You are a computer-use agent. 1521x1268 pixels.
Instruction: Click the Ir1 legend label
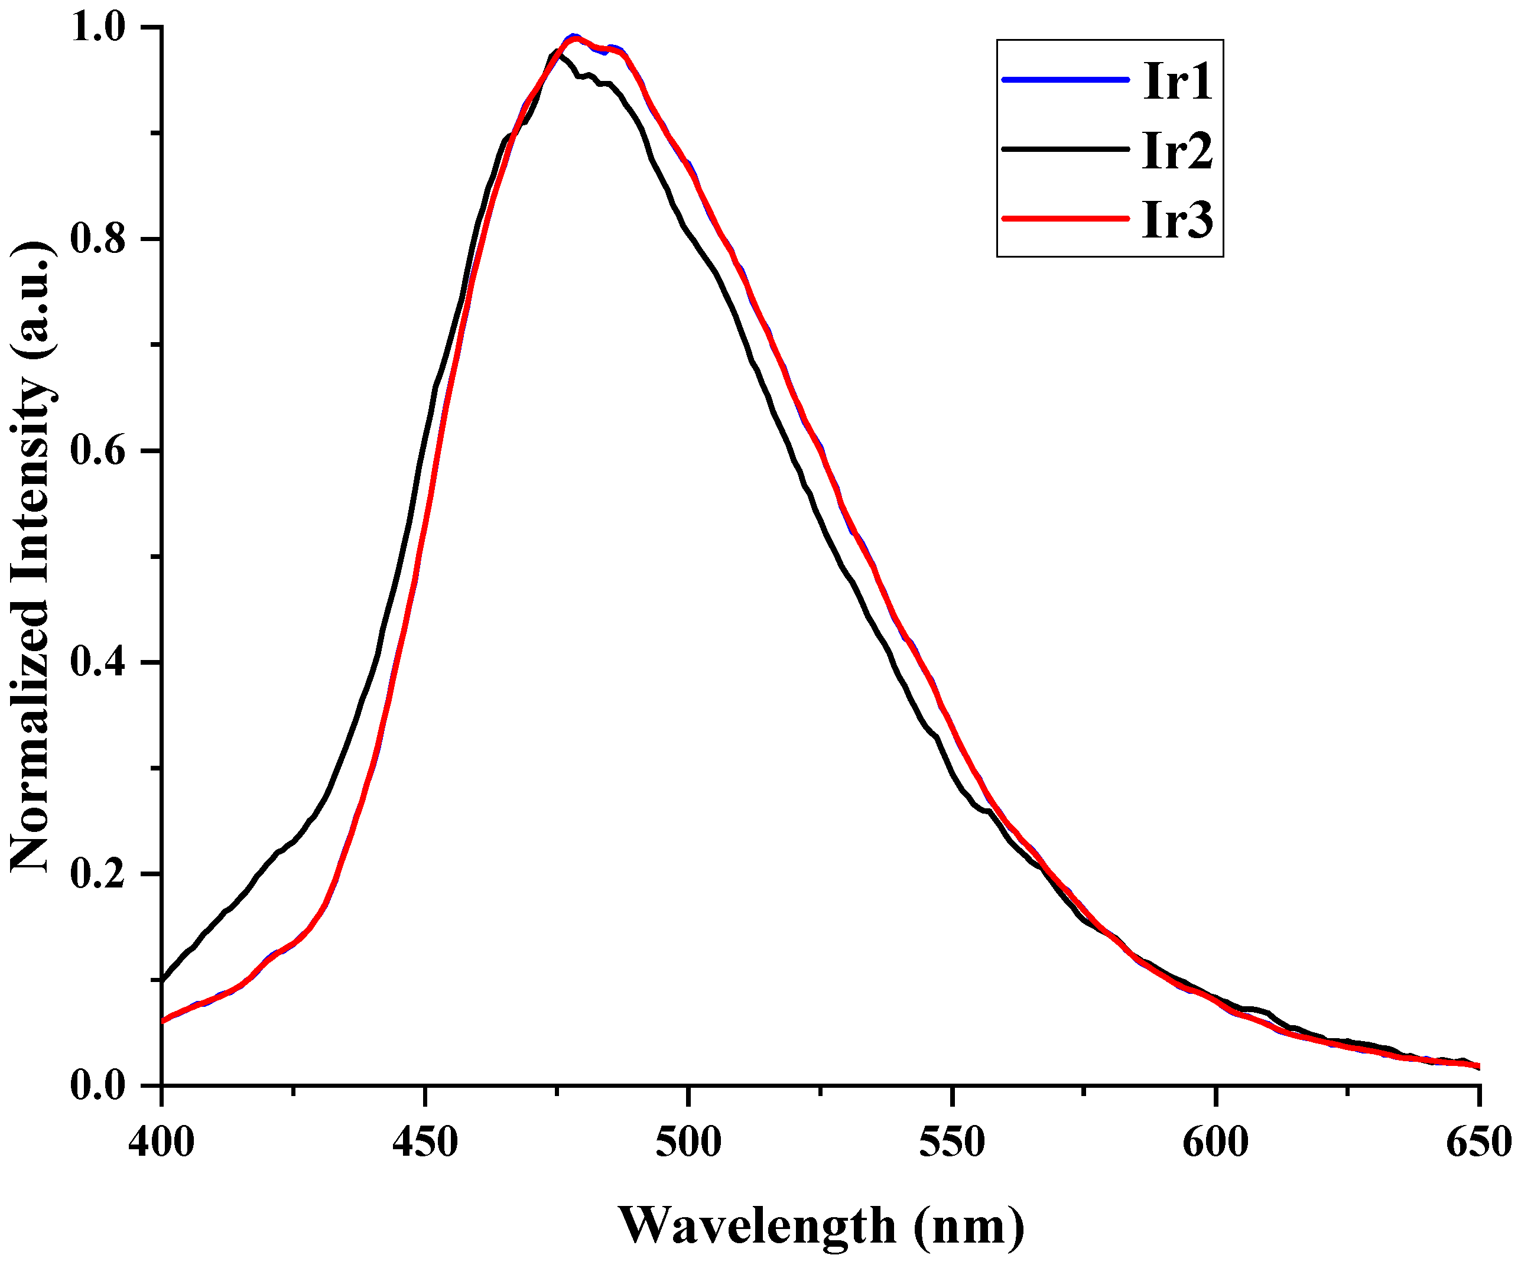pos(1177,81)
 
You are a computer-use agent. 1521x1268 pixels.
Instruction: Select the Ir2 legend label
pos(1177,151)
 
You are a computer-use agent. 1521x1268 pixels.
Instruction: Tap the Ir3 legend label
pos(1177,219)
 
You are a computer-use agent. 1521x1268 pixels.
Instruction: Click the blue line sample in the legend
pos(1065,80)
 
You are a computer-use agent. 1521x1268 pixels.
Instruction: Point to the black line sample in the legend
pos(1065,149)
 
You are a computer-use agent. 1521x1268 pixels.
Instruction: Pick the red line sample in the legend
pos(1065,218)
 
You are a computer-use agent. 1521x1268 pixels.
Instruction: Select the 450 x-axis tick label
pos(425,1143)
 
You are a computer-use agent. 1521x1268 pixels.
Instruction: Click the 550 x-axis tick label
pos(953,1143)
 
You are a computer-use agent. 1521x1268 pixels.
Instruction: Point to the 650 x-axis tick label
pos(1477,1143)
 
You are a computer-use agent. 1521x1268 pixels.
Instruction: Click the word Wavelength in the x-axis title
pos(757,1226)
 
